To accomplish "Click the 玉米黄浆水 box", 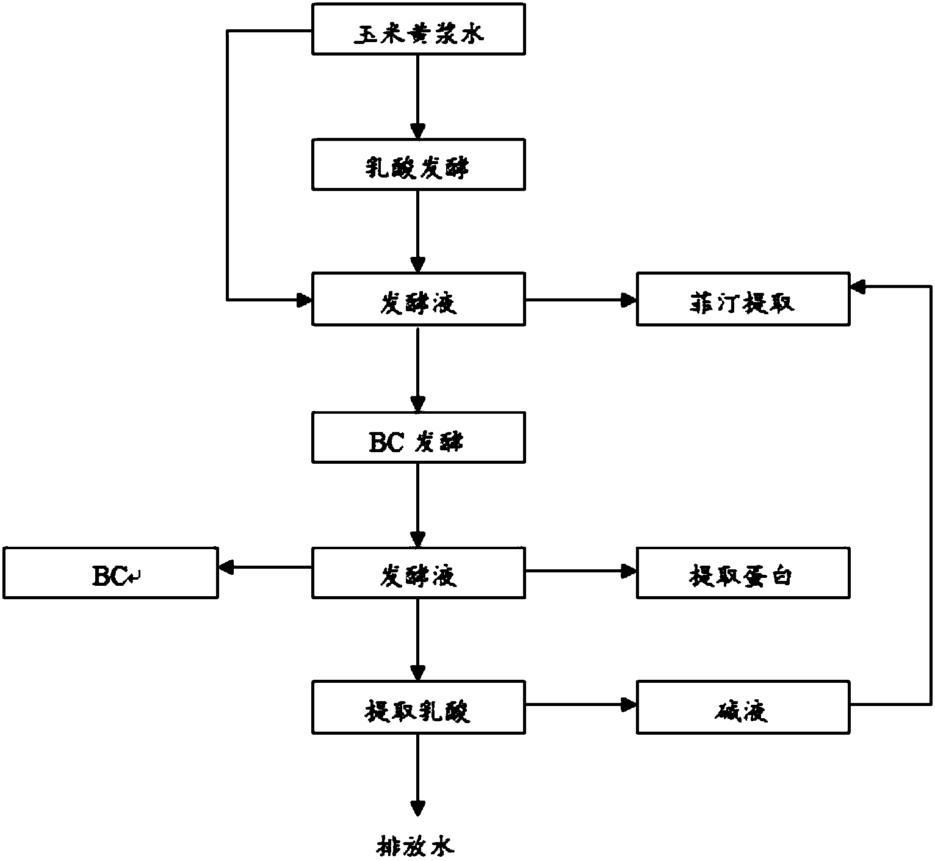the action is (419, 29).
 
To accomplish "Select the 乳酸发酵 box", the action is (419, 165).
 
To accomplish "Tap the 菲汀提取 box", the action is (743, 299).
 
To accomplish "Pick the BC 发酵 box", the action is (419, 438).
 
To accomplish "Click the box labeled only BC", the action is (110, 573).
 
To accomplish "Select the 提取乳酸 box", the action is (419, 708).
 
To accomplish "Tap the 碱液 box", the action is (743, 708).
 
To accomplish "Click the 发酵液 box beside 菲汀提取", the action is (419, 299).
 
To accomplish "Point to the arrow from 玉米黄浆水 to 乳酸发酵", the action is (417, 97).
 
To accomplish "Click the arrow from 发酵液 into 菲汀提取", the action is (581, 300).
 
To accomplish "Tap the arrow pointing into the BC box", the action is (265, 567).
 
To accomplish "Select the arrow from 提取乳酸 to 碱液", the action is (581, 705).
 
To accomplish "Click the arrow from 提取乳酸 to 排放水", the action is (417, 776).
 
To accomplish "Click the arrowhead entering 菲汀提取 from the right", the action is (858, 287).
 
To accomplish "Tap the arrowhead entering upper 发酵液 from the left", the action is (304, 300).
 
